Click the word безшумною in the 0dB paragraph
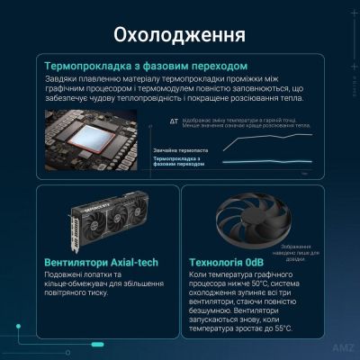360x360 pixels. [212, 309]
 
